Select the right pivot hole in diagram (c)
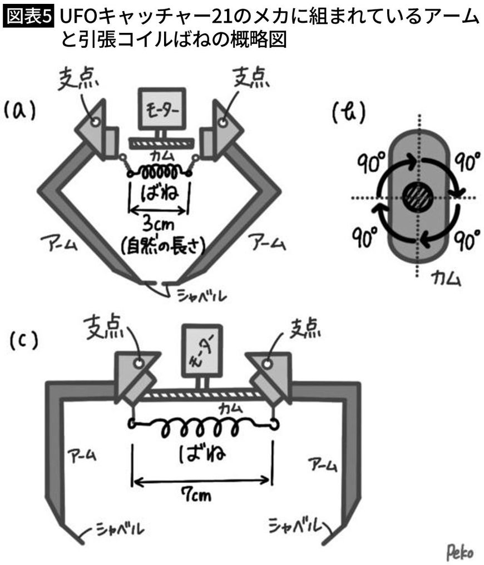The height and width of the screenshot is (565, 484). (x=266, y=363)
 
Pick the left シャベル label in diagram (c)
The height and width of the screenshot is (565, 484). (x=113, y=529)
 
